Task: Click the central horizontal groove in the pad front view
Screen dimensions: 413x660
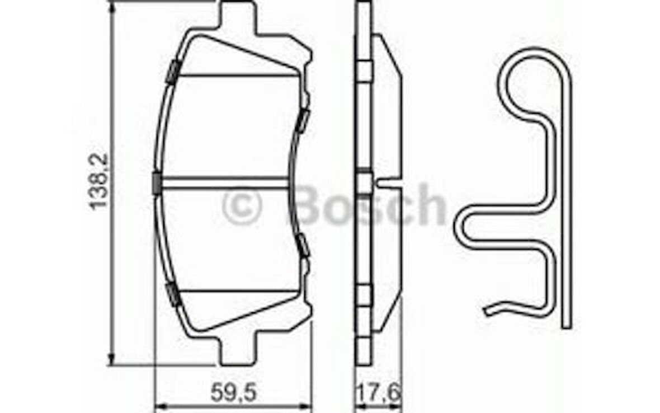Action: (x=224, y=180)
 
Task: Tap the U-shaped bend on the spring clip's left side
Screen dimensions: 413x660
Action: (x=467, y=226)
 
